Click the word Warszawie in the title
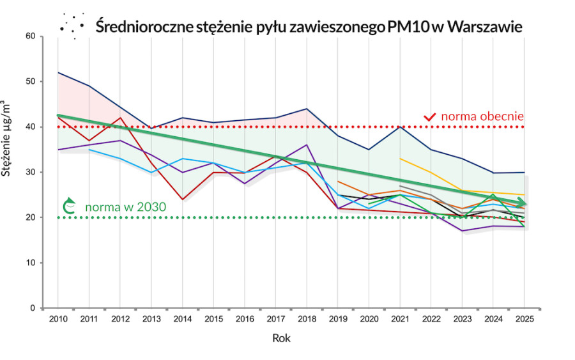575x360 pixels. coord(486,27)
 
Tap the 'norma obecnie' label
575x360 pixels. coord(483,116)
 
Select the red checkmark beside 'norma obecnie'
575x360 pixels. coord(430,117)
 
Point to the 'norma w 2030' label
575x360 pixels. coord(125,207)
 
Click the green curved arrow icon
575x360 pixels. coord(69,207)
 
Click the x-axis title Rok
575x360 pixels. coord(281,338)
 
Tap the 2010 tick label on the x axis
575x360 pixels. coord(57,318)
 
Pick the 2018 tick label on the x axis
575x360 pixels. coord(307,318)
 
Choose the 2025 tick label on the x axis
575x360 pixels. coord(525,318)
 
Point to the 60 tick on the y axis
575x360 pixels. coord(30,36)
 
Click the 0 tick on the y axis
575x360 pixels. coord(33,308)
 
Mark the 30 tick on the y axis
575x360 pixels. coord(30,172)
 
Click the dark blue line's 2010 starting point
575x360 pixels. coord(58,72)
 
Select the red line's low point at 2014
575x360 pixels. coord(183,200)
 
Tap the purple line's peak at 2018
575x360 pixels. coord(307,145)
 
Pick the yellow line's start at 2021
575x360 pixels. coord(400,159)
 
